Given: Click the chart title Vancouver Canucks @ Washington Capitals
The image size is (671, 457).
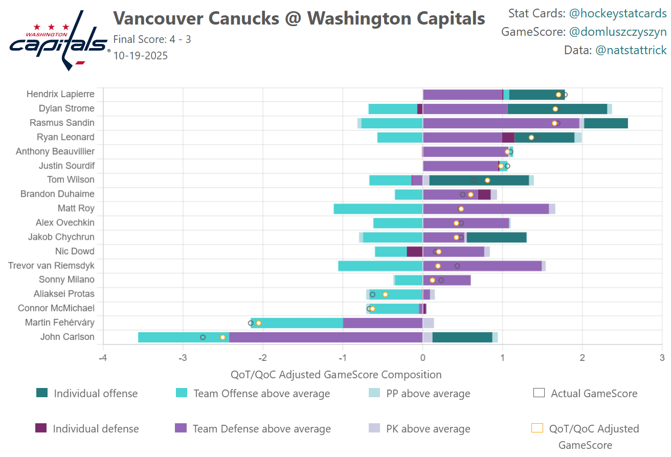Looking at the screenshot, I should [x=299, y=18].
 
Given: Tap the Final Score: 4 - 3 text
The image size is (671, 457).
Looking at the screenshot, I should [x=152, y=39].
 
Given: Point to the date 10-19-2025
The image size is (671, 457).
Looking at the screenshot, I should [x=140, y=55].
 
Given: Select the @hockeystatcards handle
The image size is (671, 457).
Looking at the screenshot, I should [x=618, y=13].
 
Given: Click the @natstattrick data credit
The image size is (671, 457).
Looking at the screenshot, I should [x=631, y=50].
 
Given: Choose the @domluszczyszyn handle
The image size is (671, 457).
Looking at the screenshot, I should [x=618, y=32].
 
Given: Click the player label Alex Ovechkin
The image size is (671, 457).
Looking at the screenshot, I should [x=65, y=223].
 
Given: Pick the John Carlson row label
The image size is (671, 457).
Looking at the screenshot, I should [x=68, y=337].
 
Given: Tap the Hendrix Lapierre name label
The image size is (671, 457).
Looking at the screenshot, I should [x=60, y=94].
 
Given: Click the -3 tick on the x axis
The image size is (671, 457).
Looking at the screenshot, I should [x=183, y=356].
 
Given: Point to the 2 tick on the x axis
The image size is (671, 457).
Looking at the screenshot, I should [x=582, y=356].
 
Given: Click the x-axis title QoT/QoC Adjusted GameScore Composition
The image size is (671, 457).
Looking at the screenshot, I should [x=336, y=375].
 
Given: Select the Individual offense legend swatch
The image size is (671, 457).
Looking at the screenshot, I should [x=42, y=393].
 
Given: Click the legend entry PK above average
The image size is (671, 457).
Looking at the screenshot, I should [x=428, y=429].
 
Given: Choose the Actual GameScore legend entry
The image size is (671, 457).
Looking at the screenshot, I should [x=594, y=393].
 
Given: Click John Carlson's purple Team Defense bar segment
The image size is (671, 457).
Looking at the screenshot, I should [x=325, y=337].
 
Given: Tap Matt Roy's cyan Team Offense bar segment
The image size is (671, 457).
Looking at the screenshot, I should [x=378, y=209].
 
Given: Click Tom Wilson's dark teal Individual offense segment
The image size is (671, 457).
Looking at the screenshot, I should [x=479, y=180].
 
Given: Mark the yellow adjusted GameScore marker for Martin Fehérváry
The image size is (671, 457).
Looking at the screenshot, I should [x=259, y=323].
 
